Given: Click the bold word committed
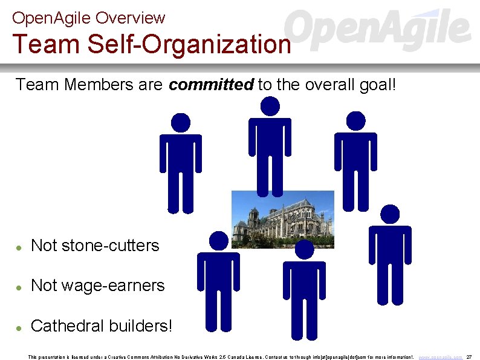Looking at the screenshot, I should (211, 85).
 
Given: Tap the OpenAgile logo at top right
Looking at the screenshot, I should (378, 30).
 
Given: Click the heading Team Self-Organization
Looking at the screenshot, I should (151, 44).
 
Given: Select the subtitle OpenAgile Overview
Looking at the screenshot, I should (88, 18).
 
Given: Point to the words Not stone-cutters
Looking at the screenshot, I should (95, 246).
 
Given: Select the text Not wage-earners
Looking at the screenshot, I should (97, 286).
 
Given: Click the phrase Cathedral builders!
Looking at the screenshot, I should (102, 326).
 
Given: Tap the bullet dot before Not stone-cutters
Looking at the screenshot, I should (20, 247).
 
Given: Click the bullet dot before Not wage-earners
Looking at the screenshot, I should (20, 287).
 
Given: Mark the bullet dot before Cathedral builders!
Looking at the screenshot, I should (20, 327).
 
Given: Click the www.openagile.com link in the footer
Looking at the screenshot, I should (440, 357).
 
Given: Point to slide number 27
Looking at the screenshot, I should (469, 357).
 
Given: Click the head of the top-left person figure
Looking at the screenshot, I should (180, 123).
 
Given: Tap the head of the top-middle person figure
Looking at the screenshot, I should (270, 107).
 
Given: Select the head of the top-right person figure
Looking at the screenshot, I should (355, 121).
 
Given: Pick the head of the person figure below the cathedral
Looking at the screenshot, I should (304, 249).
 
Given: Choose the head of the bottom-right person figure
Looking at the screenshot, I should (390, 214).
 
